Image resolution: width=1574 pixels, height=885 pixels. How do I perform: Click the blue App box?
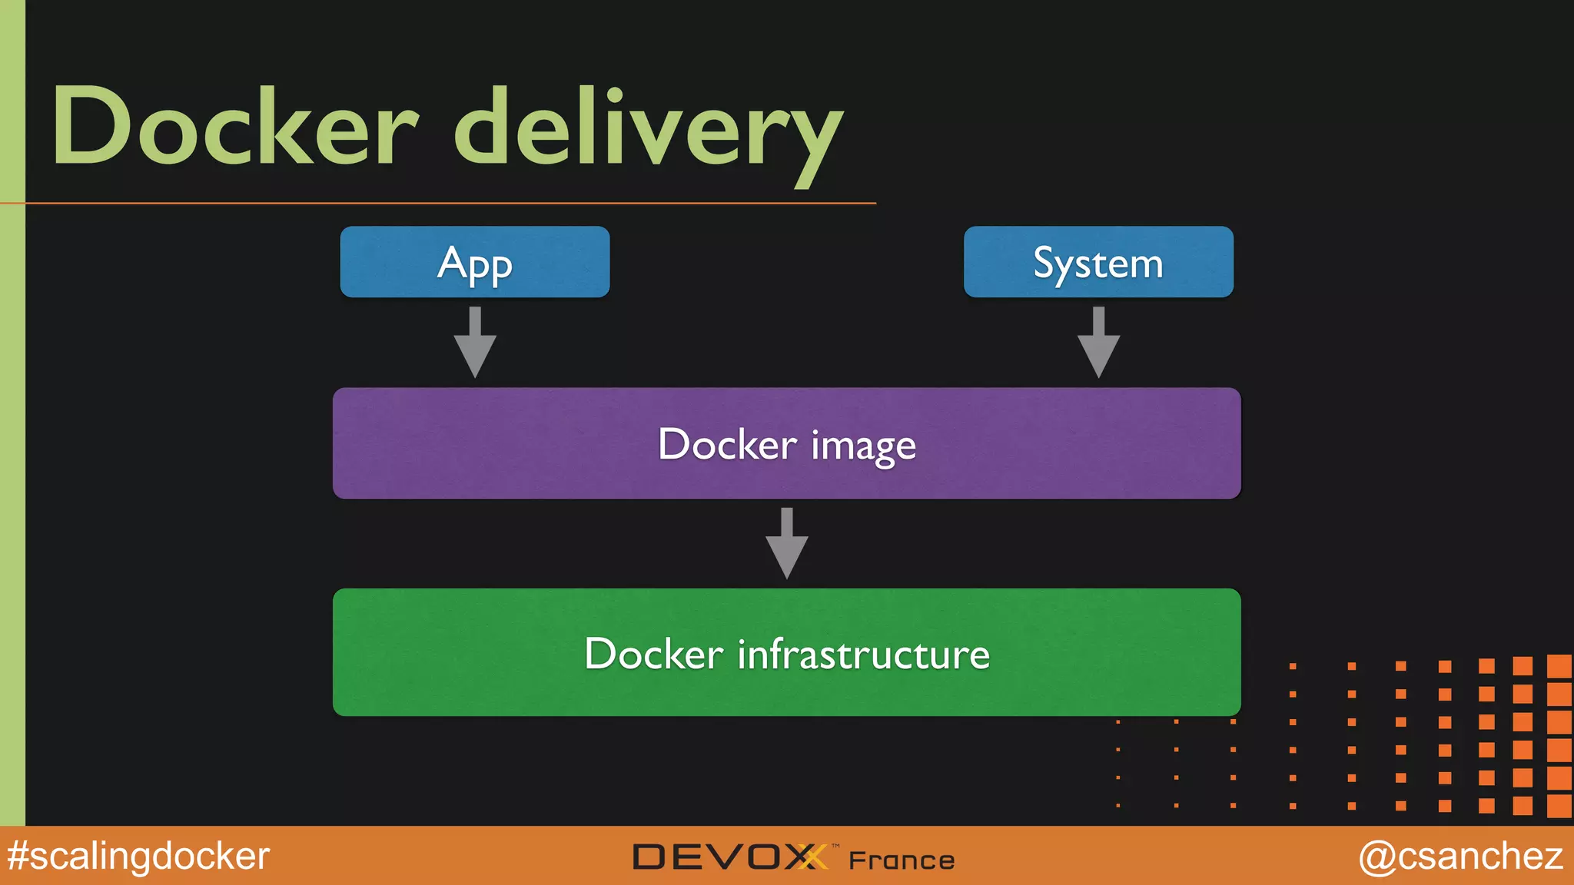pos(474,262)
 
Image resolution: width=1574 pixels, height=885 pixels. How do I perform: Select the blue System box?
pos(1098,262)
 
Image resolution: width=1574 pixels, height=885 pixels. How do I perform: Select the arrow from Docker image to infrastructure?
pos(786,544)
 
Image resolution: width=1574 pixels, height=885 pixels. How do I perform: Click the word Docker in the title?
pos(234,127)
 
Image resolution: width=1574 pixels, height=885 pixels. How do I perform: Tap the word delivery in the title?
pos(649,131)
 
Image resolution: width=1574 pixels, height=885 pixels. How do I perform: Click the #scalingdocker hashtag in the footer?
pos(138,856)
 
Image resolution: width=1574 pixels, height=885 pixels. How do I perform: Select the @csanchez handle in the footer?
pos(1460,856)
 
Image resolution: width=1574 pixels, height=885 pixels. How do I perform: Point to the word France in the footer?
pos(902,860)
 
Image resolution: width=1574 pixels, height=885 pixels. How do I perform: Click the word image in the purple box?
pos(863,446)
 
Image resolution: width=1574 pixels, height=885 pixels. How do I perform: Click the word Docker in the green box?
pos(653,655)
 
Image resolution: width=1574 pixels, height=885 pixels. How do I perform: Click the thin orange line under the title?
pos(461,203)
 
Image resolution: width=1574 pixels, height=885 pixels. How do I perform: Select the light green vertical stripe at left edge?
pos(12,461)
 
